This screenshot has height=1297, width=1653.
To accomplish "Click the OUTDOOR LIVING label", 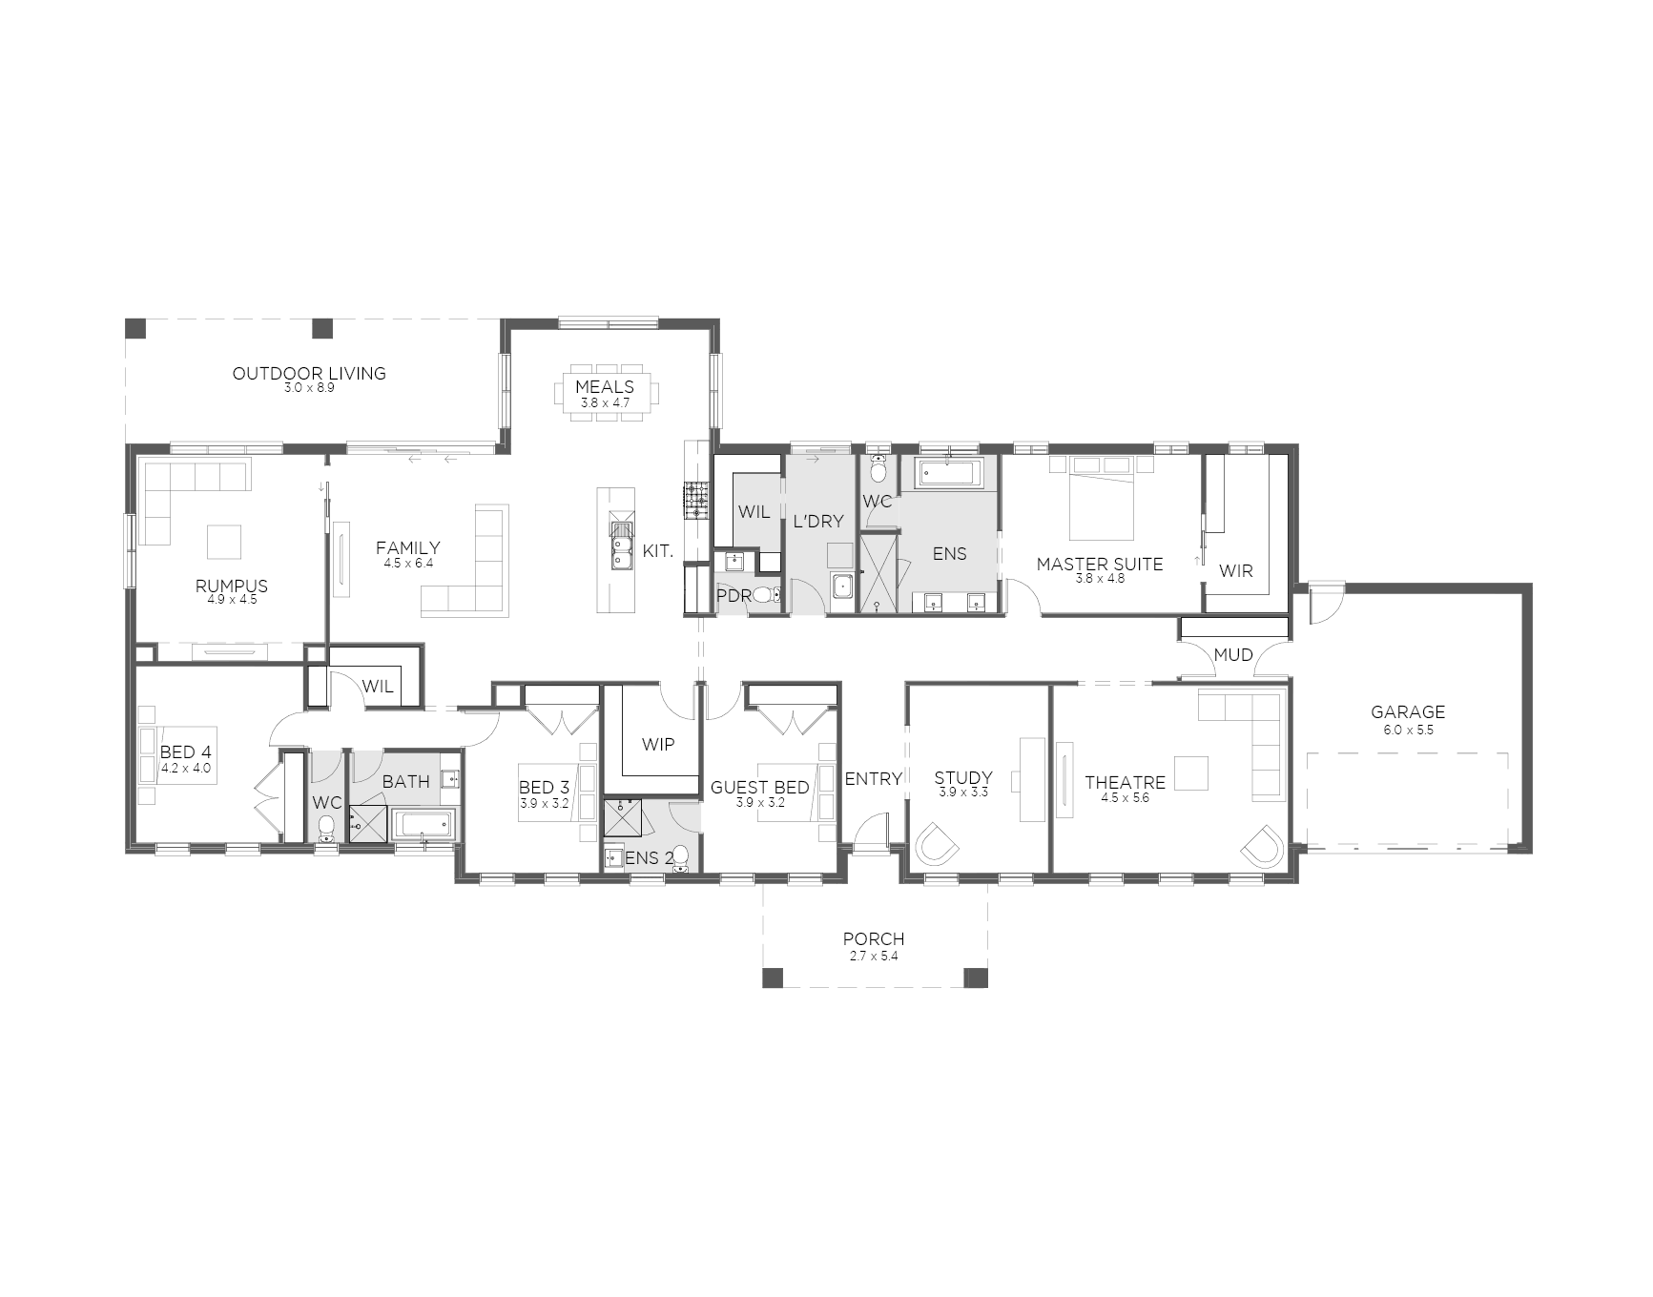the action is (309, 373).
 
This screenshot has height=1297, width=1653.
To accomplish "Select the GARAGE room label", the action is (1408, 711).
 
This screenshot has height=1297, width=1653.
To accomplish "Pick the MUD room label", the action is (1233, 654).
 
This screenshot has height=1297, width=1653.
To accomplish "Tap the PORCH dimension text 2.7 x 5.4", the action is (874, 956).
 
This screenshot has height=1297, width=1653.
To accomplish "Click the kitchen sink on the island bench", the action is (621, 549).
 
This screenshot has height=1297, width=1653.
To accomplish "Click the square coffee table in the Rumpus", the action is (225, 542).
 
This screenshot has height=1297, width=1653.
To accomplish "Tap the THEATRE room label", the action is (1126, 783).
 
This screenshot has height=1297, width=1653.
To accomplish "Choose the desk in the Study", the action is (1032, 779).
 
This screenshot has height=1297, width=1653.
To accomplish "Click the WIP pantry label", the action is (658, 744).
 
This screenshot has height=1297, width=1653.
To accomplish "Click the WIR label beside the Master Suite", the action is (1236, 570).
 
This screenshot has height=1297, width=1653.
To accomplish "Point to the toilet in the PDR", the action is (767, 596).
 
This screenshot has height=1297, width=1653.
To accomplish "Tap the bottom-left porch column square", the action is (773, 978).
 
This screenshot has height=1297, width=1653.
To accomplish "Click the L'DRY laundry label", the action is (818, 521).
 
